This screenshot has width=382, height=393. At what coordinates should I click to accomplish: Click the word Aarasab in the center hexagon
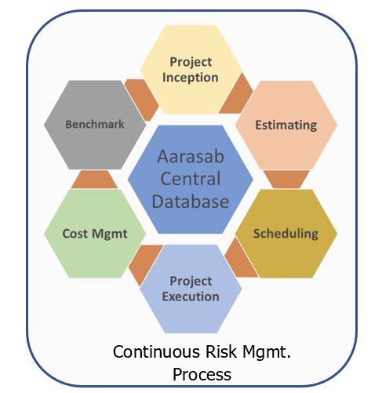(x=191, y=156)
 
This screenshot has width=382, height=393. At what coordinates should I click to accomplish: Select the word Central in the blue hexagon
(x=191, y=179)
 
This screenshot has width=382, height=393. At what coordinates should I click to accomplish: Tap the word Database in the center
(x=191, y=202)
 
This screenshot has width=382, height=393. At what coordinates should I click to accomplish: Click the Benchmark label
(x=95, y=124)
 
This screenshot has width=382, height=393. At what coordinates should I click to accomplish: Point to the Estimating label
(x=286, y=125)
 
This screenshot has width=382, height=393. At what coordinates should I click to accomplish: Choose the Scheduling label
(x=286, y=234)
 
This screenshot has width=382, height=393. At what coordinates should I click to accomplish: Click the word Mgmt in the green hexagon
(x=110, y=234)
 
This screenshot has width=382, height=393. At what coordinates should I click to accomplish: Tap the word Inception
(x=191, y=78)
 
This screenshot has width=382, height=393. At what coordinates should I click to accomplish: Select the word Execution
(x=191, y=297)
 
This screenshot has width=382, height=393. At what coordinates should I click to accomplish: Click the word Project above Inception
(x=191, y=62)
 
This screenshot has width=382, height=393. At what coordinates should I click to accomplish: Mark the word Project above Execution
(x=191, y=282)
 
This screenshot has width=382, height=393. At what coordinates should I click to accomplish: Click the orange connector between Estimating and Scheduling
(x=286, y=179)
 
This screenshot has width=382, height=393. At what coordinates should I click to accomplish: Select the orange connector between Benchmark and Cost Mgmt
(x=94, y=180)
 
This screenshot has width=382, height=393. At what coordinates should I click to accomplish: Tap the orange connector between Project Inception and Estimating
(x=236, y=95)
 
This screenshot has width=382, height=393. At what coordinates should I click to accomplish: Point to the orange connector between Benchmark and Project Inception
(x=142, y=100)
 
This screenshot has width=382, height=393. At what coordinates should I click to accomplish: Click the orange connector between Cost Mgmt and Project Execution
(x=145, y=265)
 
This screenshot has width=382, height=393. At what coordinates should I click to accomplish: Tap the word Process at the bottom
(x=202, y=374)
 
